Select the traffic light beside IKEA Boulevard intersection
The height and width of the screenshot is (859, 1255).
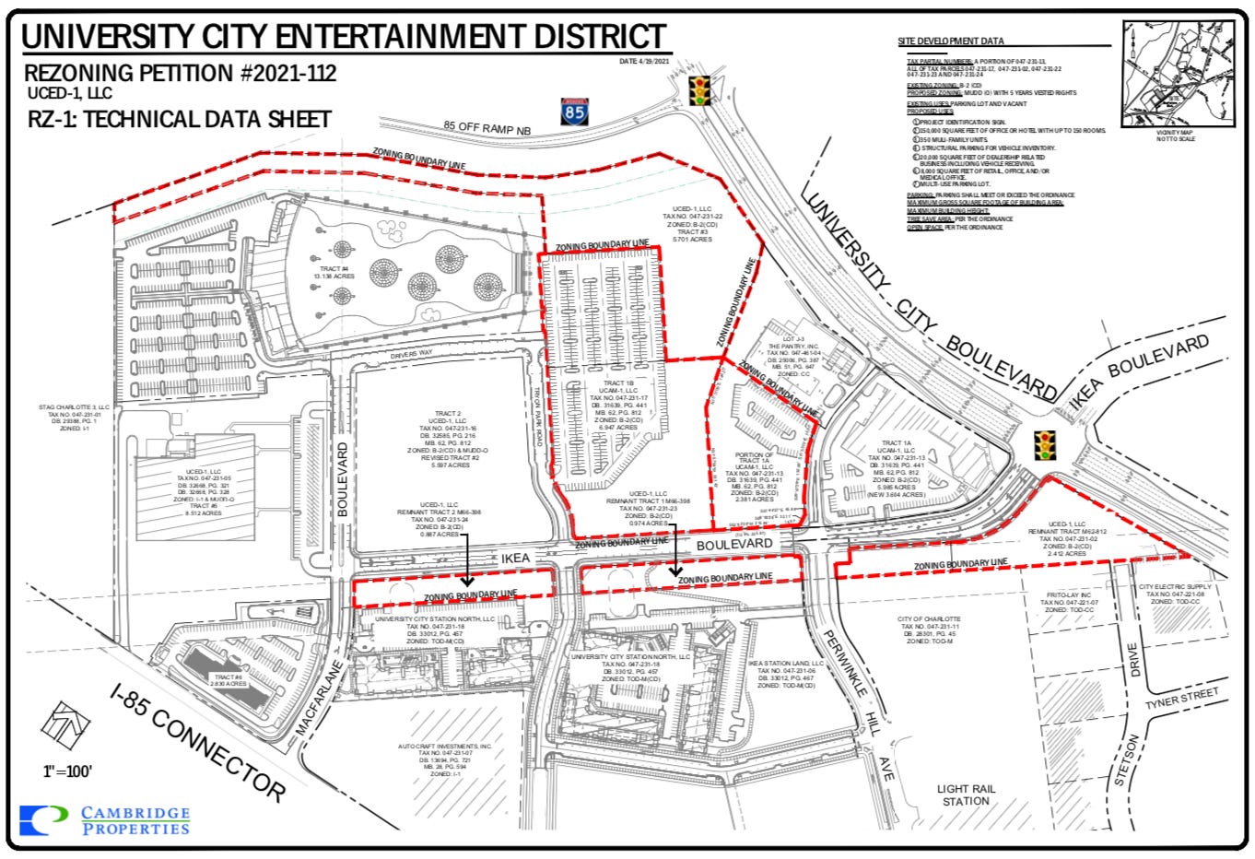1044,445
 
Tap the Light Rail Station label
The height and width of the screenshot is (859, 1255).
965,794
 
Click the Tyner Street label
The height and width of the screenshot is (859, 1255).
1182,699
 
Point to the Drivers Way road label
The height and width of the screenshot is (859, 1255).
412,354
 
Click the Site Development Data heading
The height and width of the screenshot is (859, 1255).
951,41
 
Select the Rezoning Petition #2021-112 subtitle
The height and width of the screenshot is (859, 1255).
180,73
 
